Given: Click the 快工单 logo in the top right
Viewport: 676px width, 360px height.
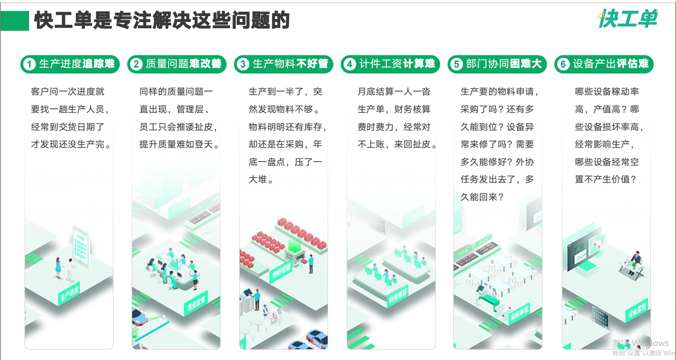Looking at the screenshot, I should (x=628, y=19).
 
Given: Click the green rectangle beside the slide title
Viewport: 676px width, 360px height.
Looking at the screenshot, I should (x=15, y=21).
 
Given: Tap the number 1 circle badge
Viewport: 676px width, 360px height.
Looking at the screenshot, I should (x=29, y=64).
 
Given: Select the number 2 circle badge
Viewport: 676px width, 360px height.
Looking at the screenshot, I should (x=136, y=64).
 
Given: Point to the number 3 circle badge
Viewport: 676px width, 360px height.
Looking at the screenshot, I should (x=243, y=64).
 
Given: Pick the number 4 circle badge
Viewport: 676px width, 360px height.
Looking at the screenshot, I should (x=349, y=64).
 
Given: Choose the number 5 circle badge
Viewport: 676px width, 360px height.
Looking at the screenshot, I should (x=456, y=64).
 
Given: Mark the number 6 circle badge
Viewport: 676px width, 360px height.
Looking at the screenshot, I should (x=563, y=64).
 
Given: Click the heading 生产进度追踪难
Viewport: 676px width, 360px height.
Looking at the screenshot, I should (x=77, y=64).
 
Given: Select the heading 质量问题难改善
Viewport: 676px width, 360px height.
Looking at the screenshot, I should (x=184, y=64).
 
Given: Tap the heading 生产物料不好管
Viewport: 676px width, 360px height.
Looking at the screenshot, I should (x=290, y=64).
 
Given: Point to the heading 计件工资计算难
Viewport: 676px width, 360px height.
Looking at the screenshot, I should (x=397, y=64).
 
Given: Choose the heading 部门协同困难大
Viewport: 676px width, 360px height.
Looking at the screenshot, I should (x=504, y=64).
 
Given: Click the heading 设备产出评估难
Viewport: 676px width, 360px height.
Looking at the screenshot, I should (x=611, y=64).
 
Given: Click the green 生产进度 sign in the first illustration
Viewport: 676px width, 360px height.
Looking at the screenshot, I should (x=69, y=294).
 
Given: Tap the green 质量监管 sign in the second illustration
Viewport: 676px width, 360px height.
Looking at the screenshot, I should (x=196, y=303).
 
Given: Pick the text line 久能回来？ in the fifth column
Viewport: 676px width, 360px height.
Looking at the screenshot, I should (x=482, y=197).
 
